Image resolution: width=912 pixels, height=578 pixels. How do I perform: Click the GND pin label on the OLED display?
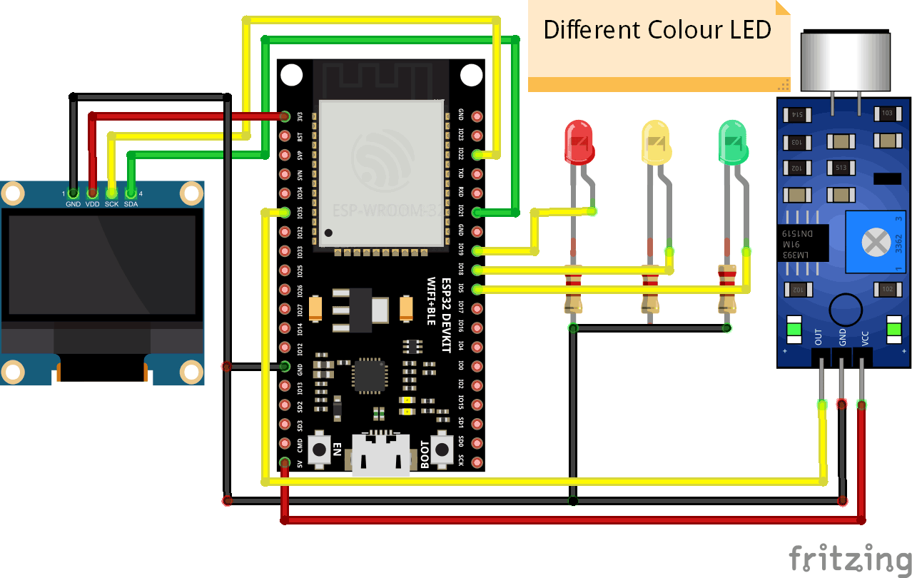pyautogui.click(x=74, y=204)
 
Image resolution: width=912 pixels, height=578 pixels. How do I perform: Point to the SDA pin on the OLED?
pyautogui.click(x=131, y=193)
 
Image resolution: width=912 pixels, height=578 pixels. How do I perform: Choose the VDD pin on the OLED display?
pyautogui.click(x=92, y=193)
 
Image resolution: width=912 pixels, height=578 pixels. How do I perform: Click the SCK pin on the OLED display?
pyautogui.click(x=112, y=193)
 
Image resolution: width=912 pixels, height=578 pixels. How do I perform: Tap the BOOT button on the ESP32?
pyautogui.click(x=444, y=449)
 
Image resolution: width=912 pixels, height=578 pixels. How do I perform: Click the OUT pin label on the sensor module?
pyautogui.click(x=819, y=337)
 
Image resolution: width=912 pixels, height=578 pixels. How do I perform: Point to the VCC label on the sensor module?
pyautogui.click(x=865, y=337)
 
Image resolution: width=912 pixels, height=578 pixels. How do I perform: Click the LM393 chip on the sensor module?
pyautogui.click(x=803, y=243)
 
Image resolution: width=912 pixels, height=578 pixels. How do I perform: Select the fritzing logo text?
pyautogui.click(x=849, y=556)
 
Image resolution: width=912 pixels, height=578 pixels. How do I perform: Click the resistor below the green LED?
pyautogui.click(x=726, y=288)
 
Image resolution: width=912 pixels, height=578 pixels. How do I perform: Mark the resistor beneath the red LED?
pyautogui.click(x=572, y=288)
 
